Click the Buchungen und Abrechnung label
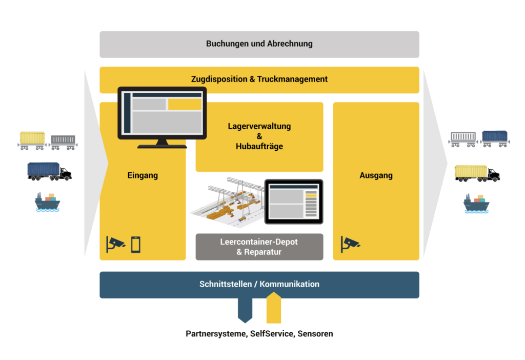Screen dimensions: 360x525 tap(259, 44)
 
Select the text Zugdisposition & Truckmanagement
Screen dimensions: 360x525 tap(259, 79)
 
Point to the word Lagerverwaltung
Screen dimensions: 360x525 tap(259, 126)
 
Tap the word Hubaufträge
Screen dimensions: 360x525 tap(259, 147)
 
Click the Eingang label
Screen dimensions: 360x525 tap(143, 175)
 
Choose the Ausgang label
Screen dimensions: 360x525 tap(376, 175)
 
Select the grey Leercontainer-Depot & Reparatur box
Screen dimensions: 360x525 tap(259, 247)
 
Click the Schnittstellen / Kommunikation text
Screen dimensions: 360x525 tap(259, 284)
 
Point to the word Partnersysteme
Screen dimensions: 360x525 tap(216, 334)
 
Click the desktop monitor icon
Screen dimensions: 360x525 tap(162, 117)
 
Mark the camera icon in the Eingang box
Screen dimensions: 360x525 tap(115, 244)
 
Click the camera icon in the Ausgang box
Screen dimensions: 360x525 tap(350, 244)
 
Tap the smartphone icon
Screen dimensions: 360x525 tap(136, 244)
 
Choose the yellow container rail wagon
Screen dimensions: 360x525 tap(33, 139)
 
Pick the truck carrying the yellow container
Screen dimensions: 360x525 tap(477, 173)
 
